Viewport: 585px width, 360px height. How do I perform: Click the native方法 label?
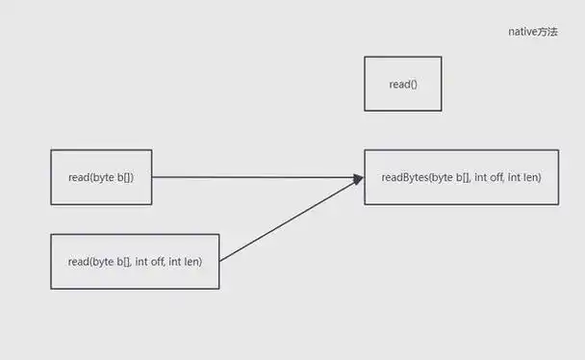click(x=532, y=32)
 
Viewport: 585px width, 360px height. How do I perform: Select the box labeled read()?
click(x=402, y=84)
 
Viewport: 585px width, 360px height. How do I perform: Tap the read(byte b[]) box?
click(x=101, y=177)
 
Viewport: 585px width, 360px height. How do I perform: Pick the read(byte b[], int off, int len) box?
click(x=135, y=261)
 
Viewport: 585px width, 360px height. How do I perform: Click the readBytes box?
click(x=461, y=177)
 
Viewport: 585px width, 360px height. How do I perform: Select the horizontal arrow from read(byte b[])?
click(x=250, y=177)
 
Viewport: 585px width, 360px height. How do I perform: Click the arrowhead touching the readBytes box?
click(x=358, y=178)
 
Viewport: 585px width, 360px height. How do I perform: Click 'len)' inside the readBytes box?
click(x=530, y=177)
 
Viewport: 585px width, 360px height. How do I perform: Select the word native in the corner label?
click(x=522, y=32)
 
